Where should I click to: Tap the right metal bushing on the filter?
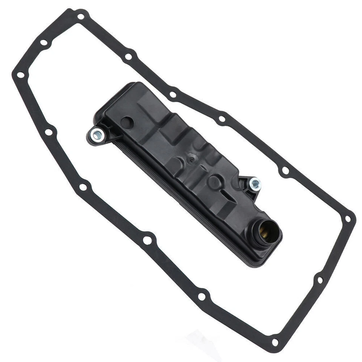[255, 184]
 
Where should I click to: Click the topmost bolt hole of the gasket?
[80, 17]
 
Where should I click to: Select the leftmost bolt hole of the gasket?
[20, 75]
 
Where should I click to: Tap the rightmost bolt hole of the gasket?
[348, 219]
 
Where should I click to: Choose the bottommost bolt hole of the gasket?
[275, 342]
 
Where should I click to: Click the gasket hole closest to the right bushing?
[285, 170]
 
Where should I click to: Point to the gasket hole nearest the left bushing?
[49, 132]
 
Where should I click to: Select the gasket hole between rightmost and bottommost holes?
[320, 280]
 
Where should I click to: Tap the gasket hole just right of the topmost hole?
[128, 57]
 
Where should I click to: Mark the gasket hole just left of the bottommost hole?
[202, 297]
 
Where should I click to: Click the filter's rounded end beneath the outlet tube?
[260, 256]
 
